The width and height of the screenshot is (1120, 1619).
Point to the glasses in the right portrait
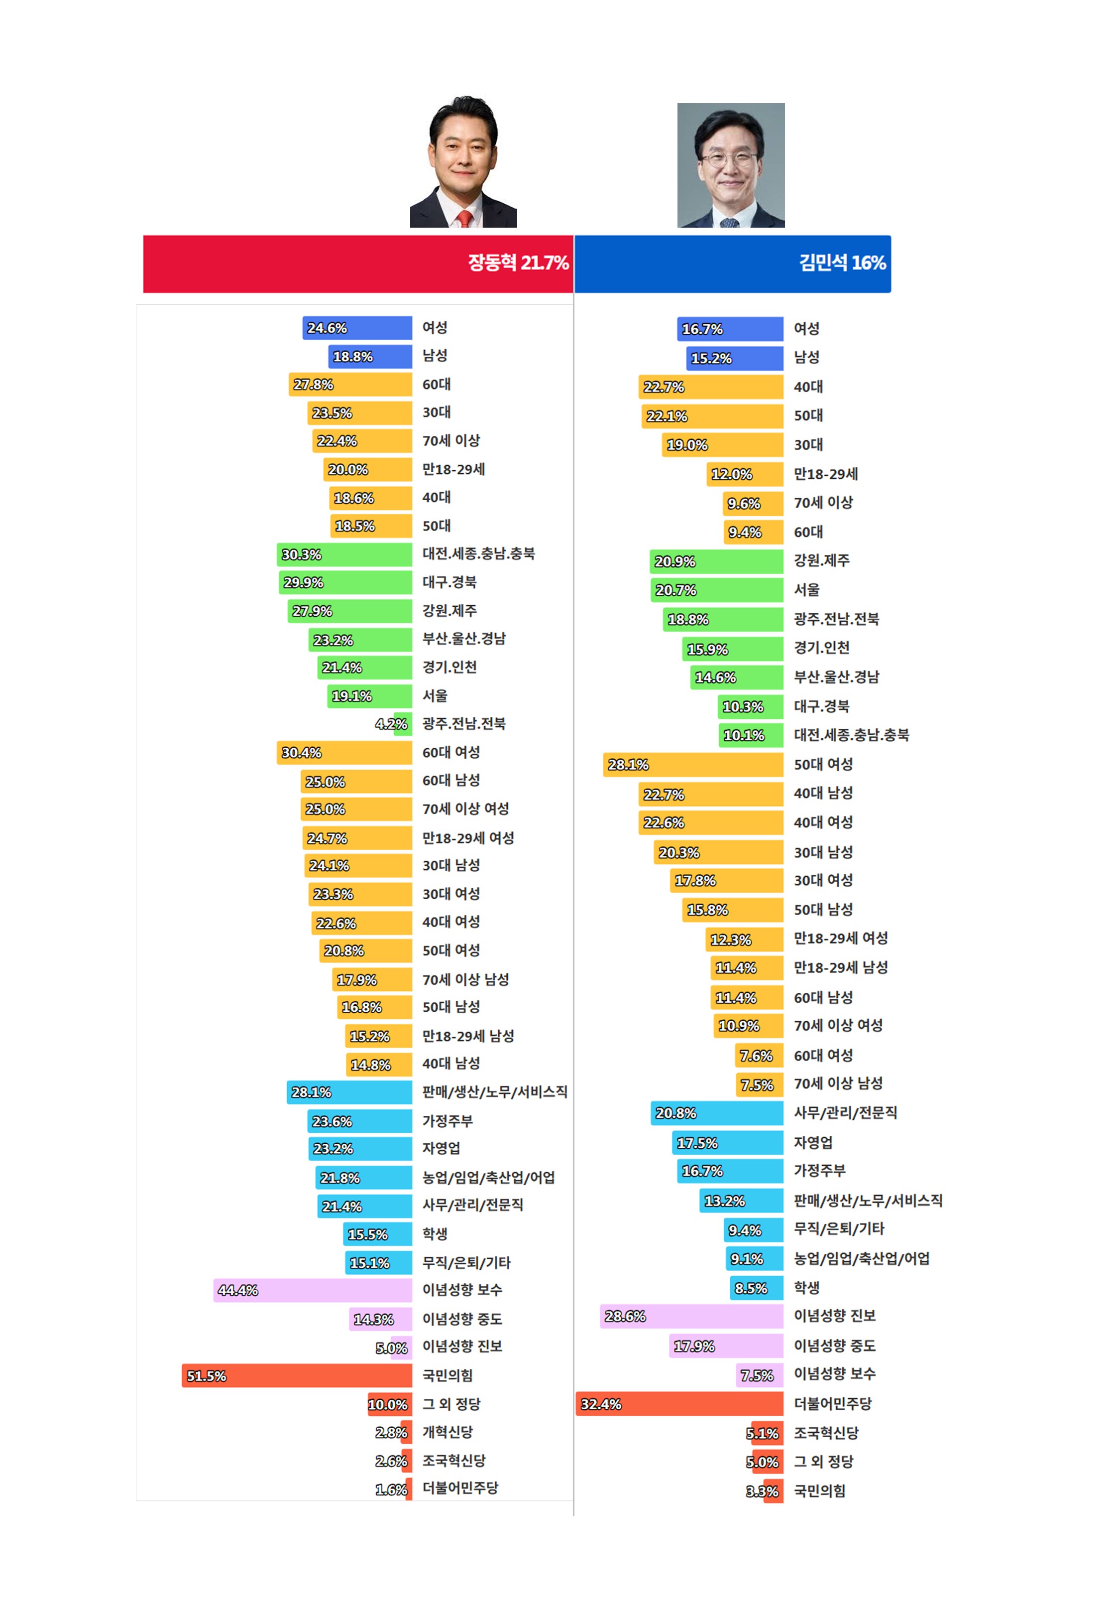[x=730, y=159]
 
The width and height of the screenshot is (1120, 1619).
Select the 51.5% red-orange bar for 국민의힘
[x=296, y=1375]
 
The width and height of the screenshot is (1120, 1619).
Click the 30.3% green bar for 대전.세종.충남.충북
[x=344, y=554]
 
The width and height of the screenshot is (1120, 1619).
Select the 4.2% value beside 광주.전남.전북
[x=391, y=724]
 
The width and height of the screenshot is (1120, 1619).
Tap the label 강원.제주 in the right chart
[x=821, y=560]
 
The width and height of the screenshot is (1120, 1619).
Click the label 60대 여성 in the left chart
[x=450, y=752]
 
